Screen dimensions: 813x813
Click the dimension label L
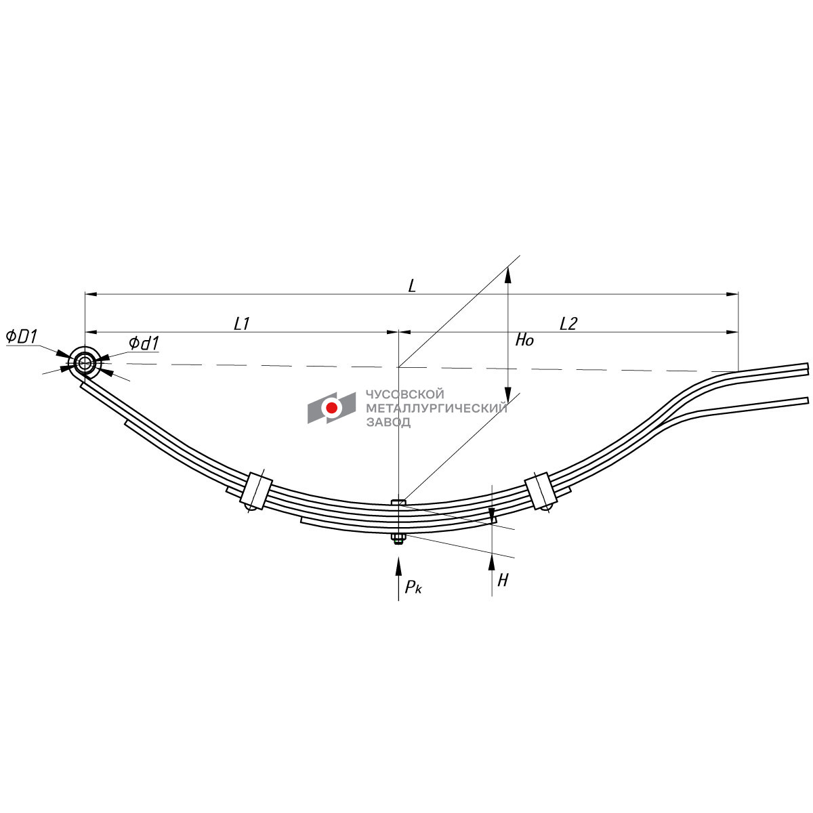(411, 285)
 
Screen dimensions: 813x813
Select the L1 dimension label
(242, 324)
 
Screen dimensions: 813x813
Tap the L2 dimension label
(568, 324)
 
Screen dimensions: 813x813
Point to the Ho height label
(524, 340)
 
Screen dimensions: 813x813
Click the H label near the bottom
(503, 580)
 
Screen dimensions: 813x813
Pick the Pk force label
(413, 587)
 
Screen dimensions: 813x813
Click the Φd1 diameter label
(144, 343)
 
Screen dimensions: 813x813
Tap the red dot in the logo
(332, 408)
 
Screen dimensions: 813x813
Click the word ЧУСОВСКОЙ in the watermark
(404, 394)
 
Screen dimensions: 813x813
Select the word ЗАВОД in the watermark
(388, 422)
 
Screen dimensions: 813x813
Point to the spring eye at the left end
(85, 362)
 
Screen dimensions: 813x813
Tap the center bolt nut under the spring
(398, 539)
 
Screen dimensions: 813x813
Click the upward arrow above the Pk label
(398, 566)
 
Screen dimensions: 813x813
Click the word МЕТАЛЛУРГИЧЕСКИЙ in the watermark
(436, 408)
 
